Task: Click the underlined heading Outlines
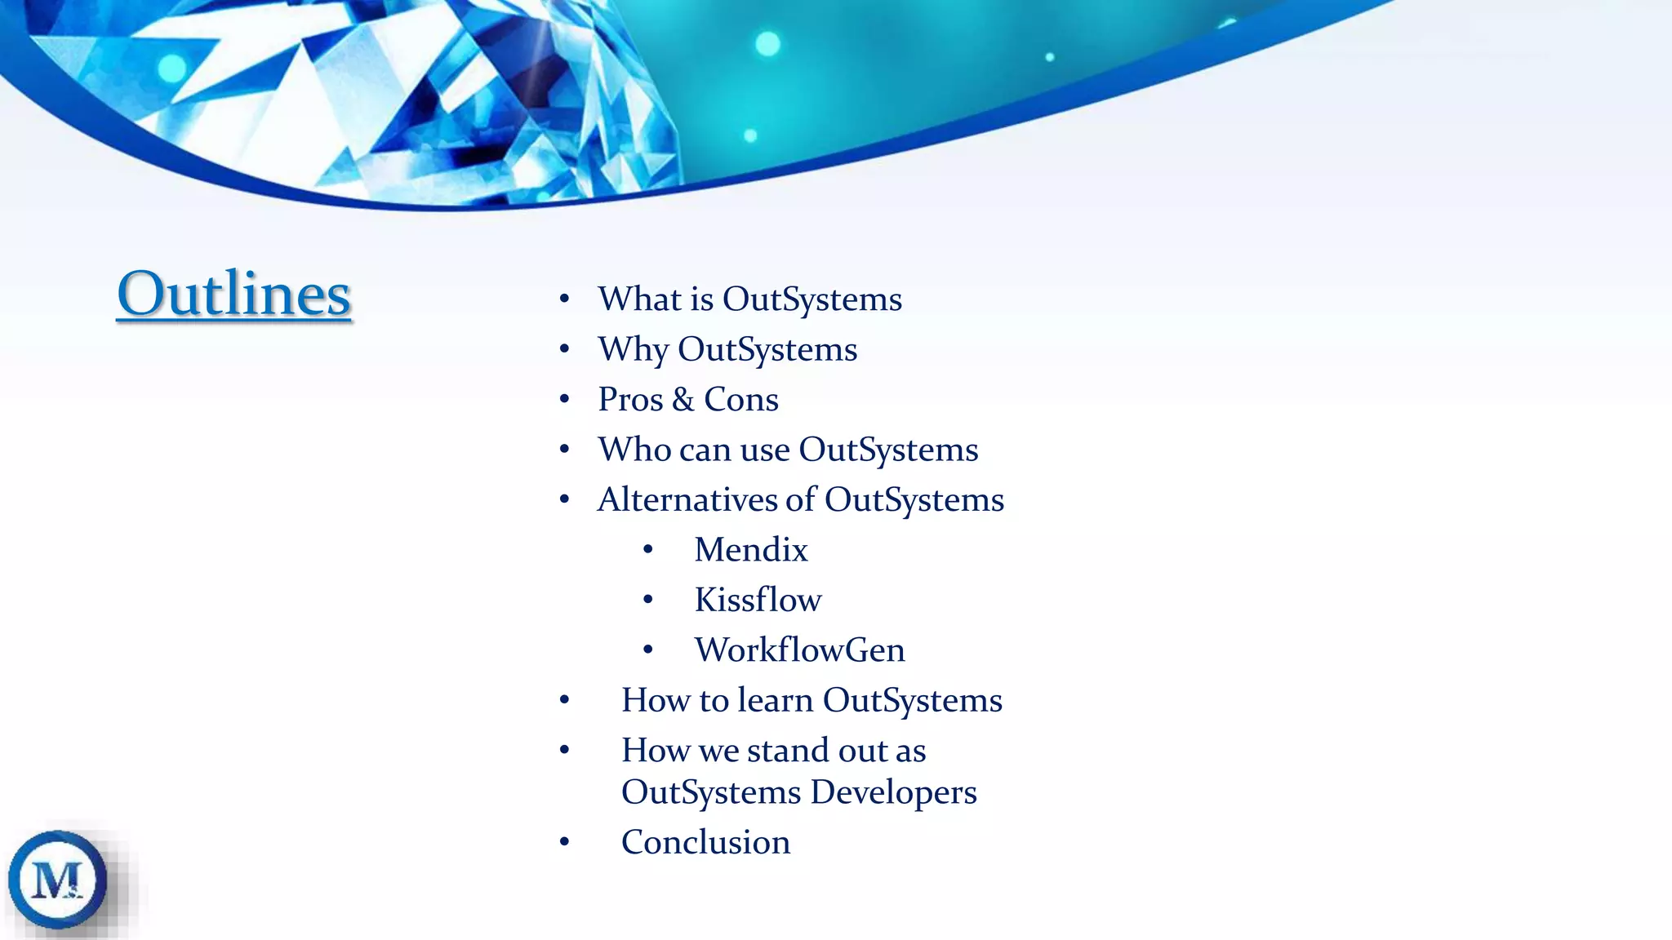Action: pos(234,294)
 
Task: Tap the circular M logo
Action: pos(57,880)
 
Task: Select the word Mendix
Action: pos(750,550)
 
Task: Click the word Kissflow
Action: pos(758,600)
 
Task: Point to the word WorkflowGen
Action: pos(799,650)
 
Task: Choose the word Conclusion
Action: pos(705,842)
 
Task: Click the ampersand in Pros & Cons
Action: pos(683,400)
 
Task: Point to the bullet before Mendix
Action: pos(647,551)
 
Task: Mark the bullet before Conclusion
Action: pos(564,842)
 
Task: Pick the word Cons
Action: pos(740,400)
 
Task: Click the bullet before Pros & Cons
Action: pos(564,400)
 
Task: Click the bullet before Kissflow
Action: pos(647,601)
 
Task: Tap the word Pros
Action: pos(630,400)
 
